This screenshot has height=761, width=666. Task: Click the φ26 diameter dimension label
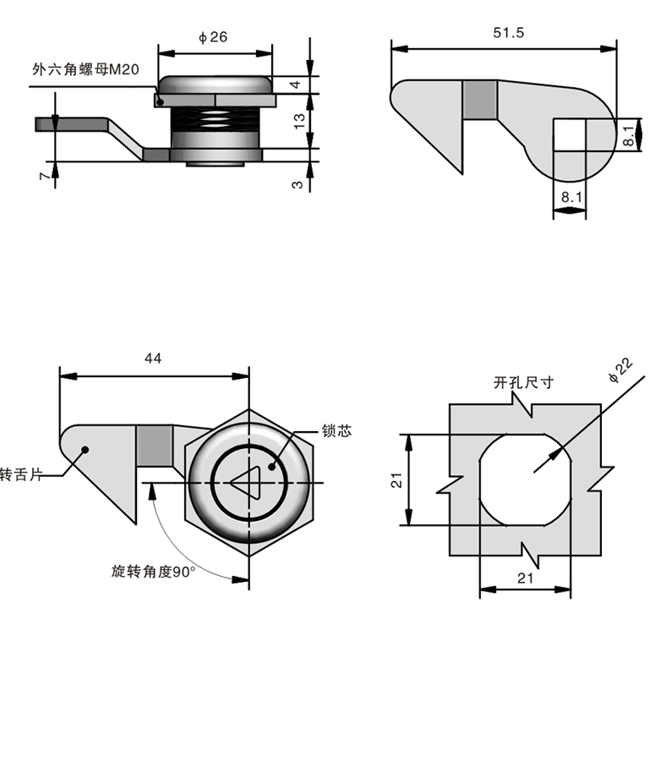(x=213, y=37)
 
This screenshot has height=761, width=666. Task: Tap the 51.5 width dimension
(x=509, y=33)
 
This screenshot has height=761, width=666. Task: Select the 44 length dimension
(x=153, y=359)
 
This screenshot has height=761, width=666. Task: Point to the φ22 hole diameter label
(x=620, y=370)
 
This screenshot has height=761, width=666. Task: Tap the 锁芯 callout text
(x=336, y=431)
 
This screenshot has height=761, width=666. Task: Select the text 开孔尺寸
(x=524, y=382)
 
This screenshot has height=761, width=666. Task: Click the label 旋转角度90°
(x=153, y=572)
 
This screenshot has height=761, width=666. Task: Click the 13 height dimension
(x=298, y=121)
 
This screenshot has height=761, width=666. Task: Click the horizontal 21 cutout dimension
(x=525, y=578)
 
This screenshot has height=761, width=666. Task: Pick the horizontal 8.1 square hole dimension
(x=569, y=197)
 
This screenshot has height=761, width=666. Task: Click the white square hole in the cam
(x=570, y=134)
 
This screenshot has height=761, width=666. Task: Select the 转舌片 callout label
(x=19, y=474)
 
